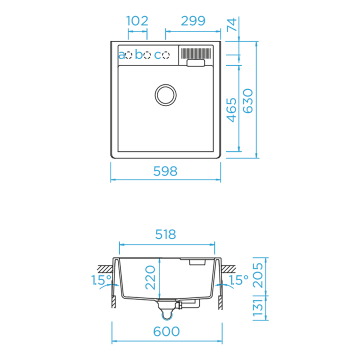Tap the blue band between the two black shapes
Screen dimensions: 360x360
pos(165,205)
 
